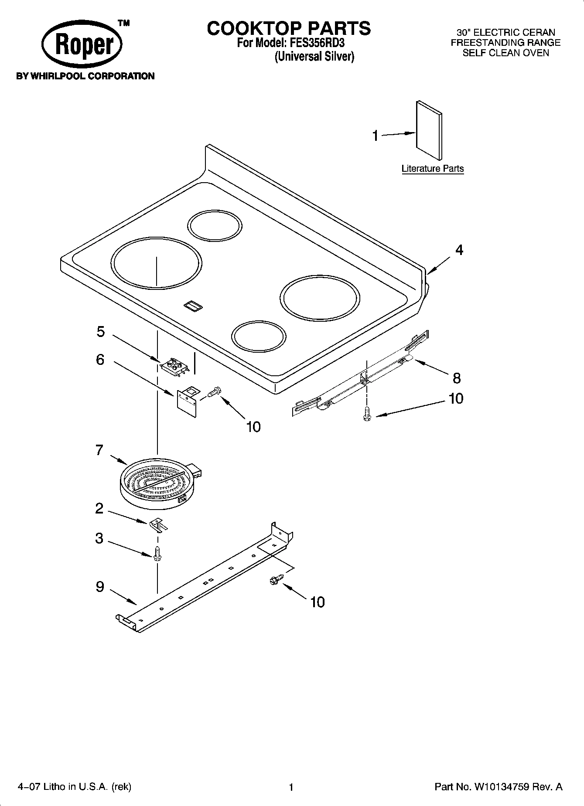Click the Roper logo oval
coord(82,45)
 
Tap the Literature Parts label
coord(432,169)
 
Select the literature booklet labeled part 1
coord(429,131)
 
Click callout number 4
coord(459,250)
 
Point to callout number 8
coord(456,378)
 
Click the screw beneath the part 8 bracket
coord(367,413)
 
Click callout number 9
coord(100,588)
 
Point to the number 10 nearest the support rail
coord(317,602)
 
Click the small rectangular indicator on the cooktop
coord(192,306)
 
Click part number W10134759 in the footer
coord(498,787)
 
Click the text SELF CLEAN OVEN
coord(505,53)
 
